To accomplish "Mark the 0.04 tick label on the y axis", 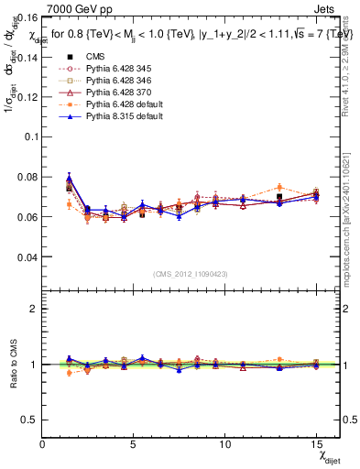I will [27, 257].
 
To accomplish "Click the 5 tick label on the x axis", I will [134, 444].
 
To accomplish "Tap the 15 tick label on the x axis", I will [315, 444].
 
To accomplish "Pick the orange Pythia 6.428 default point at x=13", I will [279, 187].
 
